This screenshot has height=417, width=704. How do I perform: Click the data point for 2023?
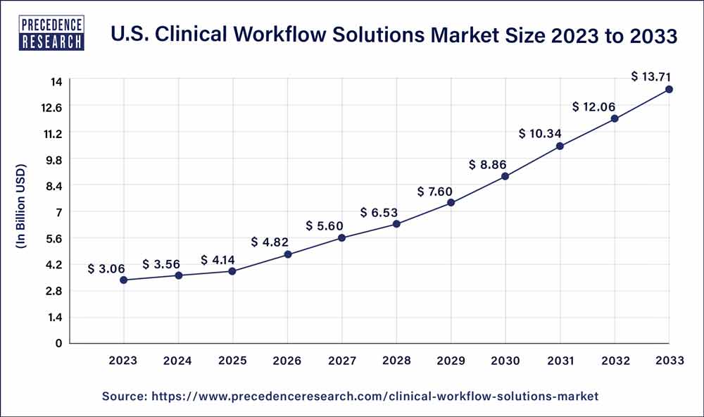pos(124,280)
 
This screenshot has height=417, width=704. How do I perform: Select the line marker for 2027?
pos(341,238)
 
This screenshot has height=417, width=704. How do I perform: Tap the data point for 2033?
pos(669,89)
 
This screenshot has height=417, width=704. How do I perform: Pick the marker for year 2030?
pos(505,177)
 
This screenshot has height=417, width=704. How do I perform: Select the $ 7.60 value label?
pos(434,191)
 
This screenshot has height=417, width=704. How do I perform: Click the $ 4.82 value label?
pos(270,242)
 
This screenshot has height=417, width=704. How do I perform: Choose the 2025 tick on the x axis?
pos(232,361)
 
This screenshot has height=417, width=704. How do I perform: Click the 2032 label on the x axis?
pos(615,361)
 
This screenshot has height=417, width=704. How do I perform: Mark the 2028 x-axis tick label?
pos(396,361)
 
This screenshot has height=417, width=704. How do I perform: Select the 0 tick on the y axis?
pos(59,344)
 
